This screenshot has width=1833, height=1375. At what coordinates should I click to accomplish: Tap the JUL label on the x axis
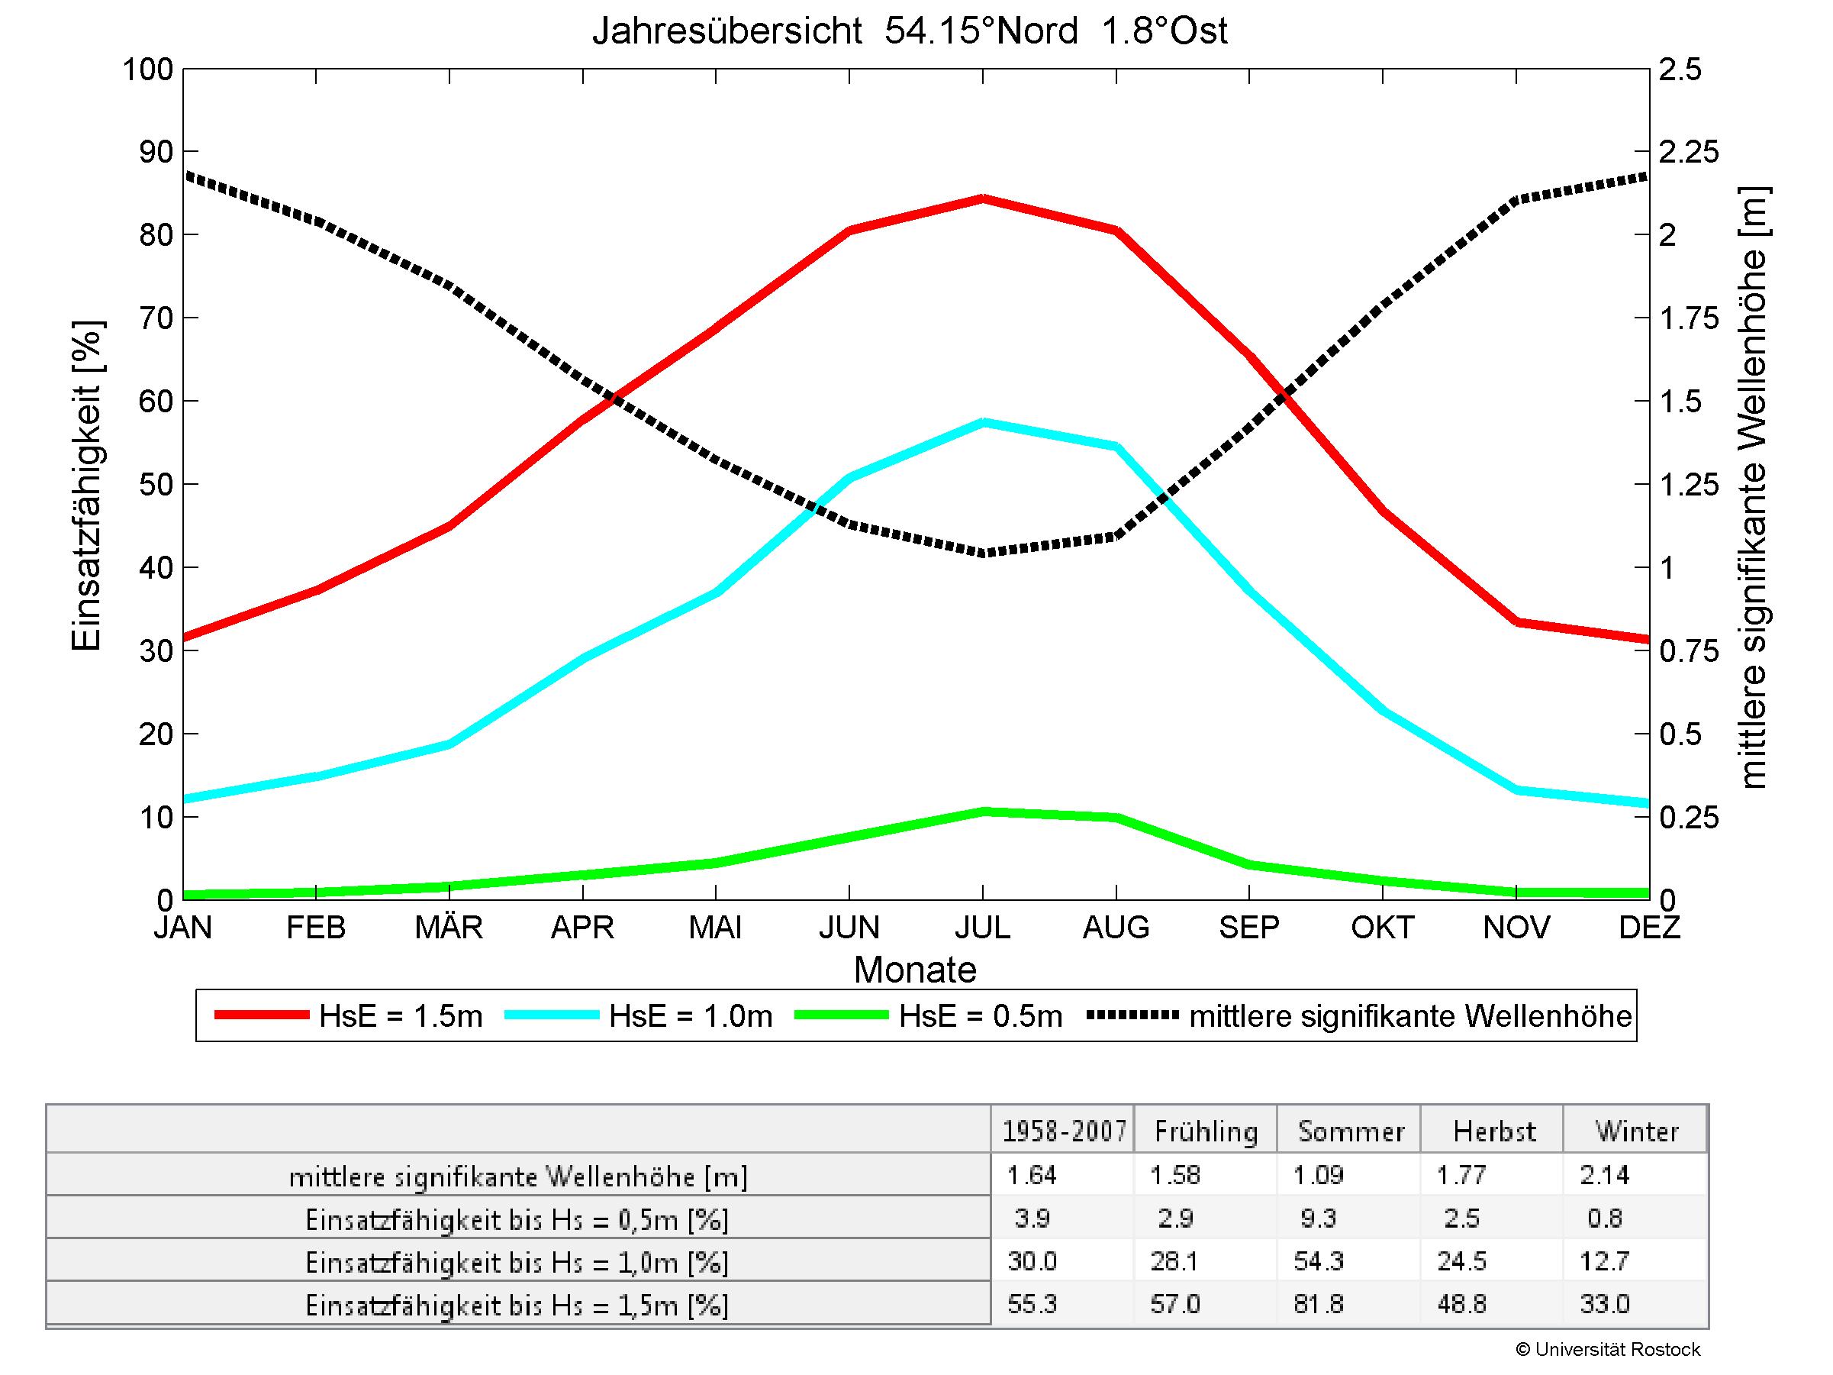click(x=983, y=927)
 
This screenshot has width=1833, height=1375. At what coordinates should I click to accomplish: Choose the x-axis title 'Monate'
click(x=915, y=970)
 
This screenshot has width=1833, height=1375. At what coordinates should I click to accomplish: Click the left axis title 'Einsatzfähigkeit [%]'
click(x=86, y=486)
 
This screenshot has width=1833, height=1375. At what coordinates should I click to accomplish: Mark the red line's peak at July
click(x=983, y=199)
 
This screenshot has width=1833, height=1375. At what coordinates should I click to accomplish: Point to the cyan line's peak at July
click(x=983, y=422)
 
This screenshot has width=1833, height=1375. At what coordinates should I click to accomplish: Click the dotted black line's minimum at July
click(x=983, y=553)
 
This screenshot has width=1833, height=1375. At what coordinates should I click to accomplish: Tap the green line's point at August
click(x=1116, y=818)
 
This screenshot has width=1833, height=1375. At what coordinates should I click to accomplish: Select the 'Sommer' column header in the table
click(x=1351, y=1131)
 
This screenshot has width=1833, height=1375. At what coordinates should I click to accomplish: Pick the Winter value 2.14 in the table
click(x=1604, y=1174)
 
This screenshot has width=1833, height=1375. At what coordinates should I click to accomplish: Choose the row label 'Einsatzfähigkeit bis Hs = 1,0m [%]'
click(x=517, y=1262)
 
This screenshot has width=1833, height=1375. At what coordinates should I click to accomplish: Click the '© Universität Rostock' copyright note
click(x=1607, y=1349)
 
